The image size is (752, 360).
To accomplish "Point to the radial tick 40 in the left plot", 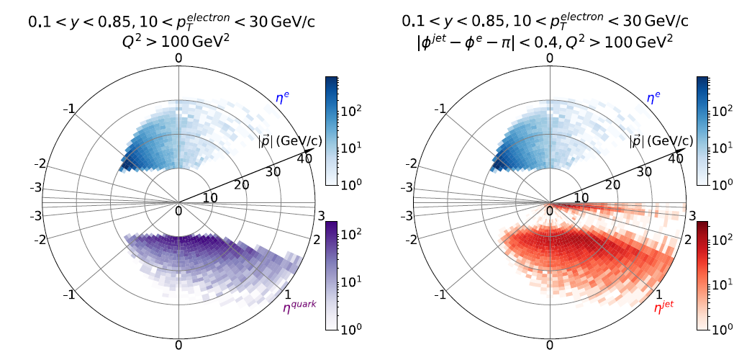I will tap(304, 160).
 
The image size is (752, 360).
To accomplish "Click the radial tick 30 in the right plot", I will tap(644, 172).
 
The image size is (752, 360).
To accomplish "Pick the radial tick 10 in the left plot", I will tap(209, 198).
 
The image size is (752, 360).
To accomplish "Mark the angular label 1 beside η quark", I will tap(288, 294).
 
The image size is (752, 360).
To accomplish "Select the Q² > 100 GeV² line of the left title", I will tap(178, 42).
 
